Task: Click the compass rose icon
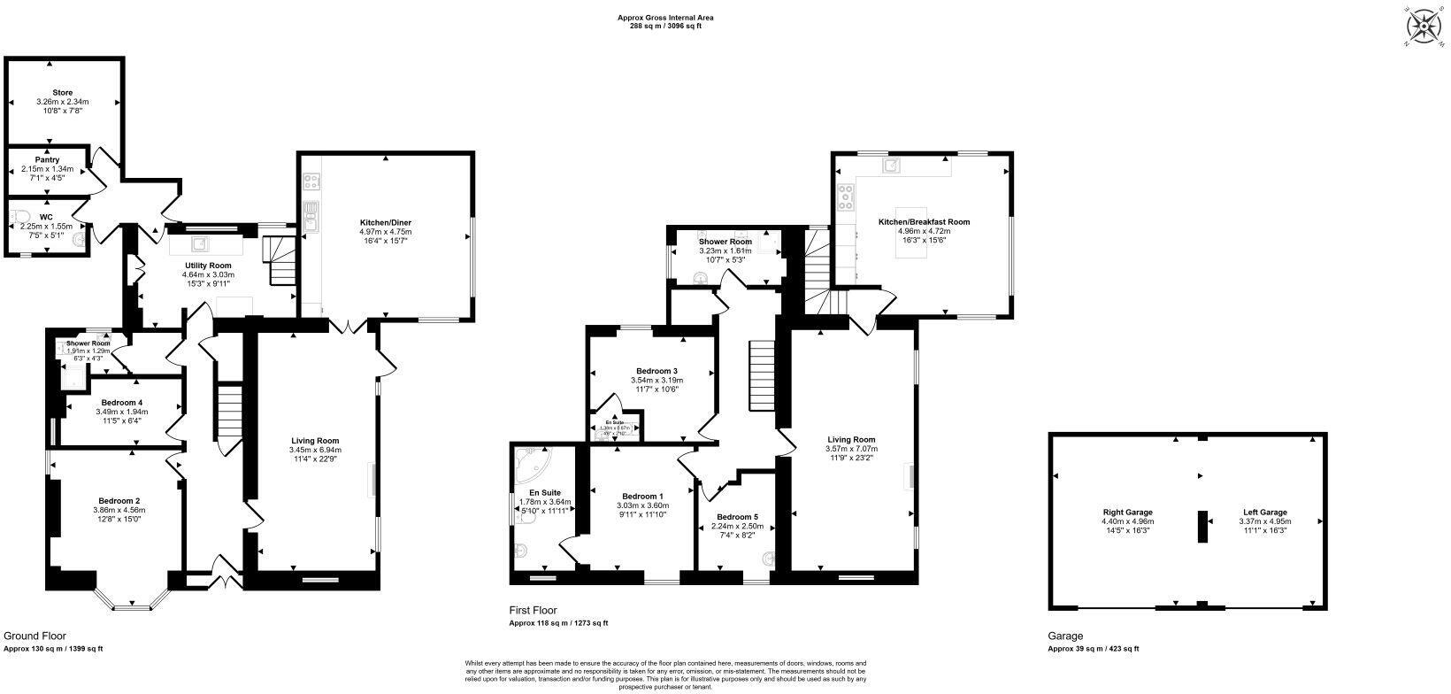point(1424,26)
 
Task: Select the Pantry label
point(47,160)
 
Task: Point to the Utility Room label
point(208,266)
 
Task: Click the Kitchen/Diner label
point(385,222)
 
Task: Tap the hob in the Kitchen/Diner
point(311,182)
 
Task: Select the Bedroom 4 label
point(122,403)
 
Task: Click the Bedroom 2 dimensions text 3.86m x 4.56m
point(119,510)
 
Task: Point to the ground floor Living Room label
point(315,440)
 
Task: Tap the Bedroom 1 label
point(642,496)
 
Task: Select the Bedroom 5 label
point(737,517)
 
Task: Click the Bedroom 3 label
point(656,371)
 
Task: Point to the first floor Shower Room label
point(725,242)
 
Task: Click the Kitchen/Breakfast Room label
point(924,222)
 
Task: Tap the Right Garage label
point(1127,512)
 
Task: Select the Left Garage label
point(1263,512)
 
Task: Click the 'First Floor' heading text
point(533,611)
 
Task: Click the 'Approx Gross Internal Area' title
point(664,17)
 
